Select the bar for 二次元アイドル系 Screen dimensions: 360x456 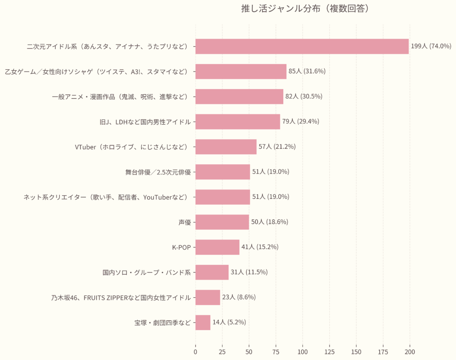(302, 46)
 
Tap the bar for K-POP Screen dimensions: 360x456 (217, 247)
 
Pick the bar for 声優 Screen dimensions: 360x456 (222, 222)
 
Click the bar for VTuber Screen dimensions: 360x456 (226, 147)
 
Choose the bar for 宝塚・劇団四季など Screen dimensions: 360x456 (203, 323)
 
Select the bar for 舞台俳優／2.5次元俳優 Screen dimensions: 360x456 (223, 172)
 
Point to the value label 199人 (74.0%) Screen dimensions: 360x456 (431, 46)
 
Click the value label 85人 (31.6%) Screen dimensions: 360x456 (307, 71)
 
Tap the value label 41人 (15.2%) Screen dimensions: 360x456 (260, 247)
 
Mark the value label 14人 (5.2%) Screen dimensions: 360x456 (229, 322)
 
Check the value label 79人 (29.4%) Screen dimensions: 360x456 (301, 121)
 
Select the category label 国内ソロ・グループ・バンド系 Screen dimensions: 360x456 (147, 272)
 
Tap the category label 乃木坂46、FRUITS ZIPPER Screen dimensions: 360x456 (121, 297)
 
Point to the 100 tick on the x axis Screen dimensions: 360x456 (303, 352)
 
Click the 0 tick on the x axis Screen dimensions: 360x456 (195, 352)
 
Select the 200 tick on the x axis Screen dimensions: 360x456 (410, 352)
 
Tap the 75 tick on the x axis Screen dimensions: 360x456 (276, 352)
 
